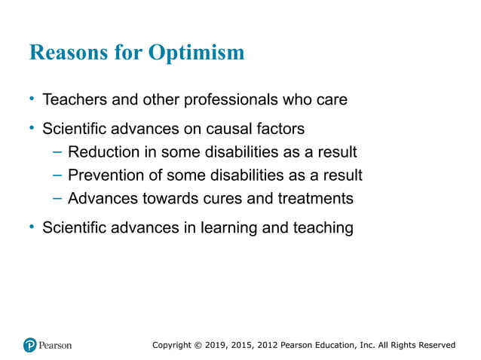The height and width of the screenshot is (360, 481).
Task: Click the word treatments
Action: pos(314,198)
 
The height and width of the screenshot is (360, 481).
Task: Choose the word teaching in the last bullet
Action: pos(321,227)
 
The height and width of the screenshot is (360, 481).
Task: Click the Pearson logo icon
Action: pos(29,345)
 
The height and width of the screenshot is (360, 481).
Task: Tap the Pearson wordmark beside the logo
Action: pos(56,345)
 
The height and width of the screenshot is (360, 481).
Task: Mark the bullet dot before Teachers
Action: pos(32,99)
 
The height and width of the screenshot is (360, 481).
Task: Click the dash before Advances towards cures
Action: pos(57,198)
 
